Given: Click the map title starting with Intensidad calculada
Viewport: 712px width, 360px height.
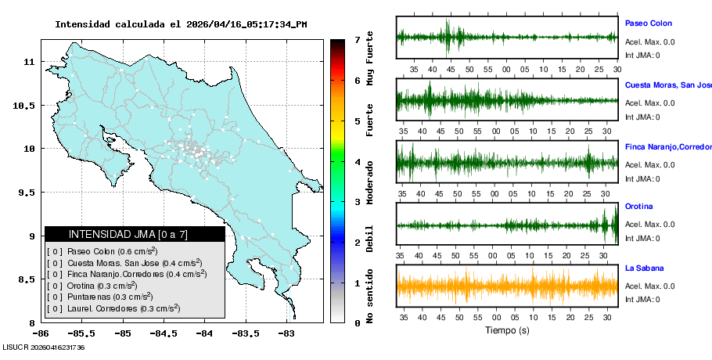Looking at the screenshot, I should point(181,24).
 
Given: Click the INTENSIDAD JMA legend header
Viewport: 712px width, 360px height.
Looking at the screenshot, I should point(128,234).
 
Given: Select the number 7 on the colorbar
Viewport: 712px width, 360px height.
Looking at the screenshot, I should point(357,39).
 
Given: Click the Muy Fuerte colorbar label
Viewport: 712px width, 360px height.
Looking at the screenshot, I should point(369,59).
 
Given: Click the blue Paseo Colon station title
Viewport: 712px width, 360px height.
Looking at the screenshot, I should point(648,23).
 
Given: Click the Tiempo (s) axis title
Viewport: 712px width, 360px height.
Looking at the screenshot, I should point(507,331).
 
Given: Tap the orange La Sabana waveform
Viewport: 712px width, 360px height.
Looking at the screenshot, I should point(507,286).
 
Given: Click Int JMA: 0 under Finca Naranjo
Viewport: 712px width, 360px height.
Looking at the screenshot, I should point(642,178).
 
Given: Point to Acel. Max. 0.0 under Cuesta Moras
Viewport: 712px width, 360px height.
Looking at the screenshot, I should point(650,103).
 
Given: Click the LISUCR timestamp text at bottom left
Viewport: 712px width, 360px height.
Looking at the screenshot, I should point(43,347).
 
